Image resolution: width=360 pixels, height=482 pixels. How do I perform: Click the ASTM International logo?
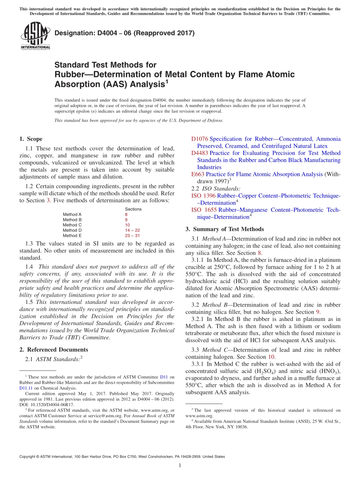click(35, 36)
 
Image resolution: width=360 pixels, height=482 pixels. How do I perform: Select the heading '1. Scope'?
click(31, 139)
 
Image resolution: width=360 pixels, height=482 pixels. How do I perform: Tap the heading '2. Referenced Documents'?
click(53, 350)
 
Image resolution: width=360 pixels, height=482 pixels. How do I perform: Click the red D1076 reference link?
click(200, 139)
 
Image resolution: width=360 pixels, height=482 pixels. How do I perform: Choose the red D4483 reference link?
click(200, 153)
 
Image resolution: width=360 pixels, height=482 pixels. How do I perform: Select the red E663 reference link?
click(198, 174)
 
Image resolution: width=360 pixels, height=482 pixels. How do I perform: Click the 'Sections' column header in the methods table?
click(133, 209)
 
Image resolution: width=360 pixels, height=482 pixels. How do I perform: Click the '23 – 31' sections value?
click(132, 236)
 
